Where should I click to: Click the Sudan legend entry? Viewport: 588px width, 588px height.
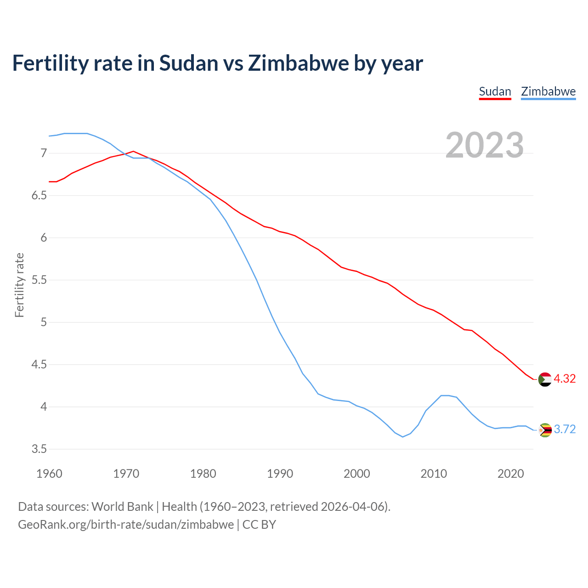495,91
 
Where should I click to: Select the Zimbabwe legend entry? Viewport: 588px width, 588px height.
548,91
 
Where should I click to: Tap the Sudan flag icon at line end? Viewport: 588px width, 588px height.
545,379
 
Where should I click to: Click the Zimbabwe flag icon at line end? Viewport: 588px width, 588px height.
545,430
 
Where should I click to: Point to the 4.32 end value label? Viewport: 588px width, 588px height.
565,379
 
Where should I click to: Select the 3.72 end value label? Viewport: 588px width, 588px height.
565,429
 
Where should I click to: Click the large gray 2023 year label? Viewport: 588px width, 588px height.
485,145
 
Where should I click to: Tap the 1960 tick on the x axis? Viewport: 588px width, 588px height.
49,474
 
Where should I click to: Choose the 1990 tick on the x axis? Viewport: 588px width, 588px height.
280,474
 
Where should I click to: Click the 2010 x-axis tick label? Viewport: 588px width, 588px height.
434,474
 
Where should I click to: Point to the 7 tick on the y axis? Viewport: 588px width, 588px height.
44,153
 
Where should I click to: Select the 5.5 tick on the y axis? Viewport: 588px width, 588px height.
39,280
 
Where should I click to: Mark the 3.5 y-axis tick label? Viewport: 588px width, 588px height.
39,449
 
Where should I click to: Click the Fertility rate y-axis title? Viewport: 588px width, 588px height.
19,285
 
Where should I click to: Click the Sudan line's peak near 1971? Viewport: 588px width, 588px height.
133,151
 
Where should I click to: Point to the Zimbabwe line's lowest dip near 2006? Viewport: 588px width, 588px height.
403,437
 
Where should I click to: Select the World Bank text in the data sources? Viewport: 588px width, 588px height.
122,506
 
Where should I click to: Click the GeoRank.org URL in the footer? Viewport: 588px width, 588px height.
126,524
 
